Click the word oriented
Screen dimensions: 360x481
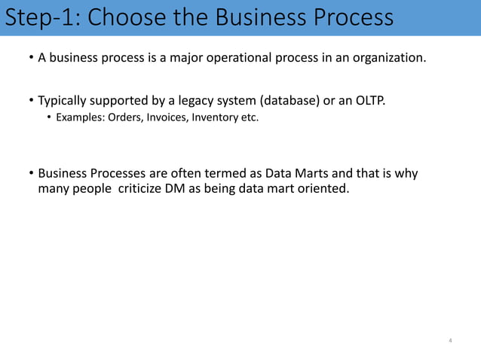click(324, 188)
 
